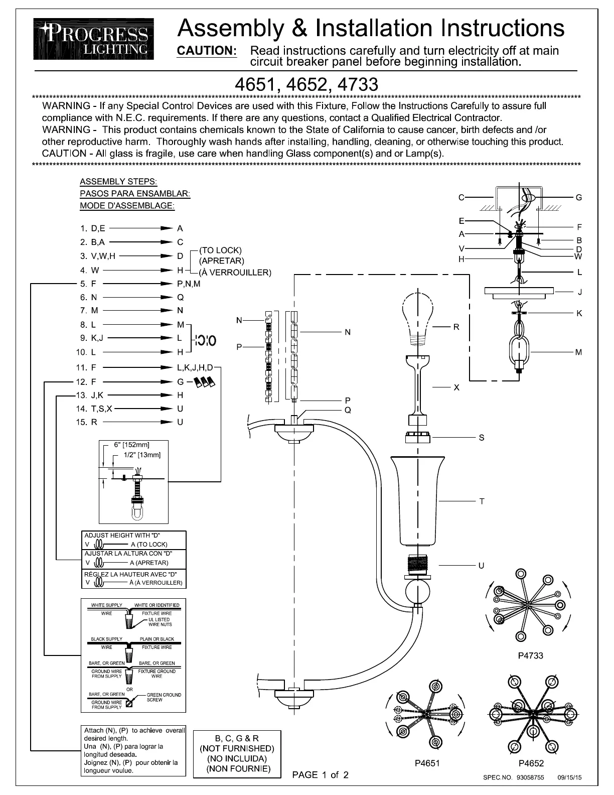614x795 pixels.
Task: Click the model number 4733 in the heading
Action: [358, 84]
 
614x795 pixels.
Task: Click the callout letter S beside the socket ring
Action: [481, 438]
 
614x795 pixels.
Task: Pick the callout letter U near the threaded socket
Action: [481, 566]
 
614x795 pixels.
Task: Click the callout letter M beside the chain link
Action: [579, 352]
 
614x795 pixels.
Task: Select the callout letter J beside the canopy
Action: [579, 292]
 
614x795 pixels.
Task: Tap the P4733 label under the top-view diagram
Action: [530, 655]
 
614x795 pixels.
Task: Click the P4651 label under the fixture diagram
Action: [427, 763]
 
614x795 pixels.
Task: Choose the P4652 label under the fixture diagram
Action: [531, 763]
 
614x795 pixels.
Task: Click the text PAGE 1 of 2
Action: [320, 775]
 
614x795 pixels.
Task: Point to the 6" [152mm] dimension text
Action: [132, 445]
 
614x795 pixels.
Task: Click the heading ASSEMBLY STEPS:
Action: [118, 181]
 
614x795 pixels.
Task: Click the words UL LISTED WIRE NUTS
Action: [160, 622]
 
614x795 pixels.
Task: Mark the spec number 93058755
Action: [526, 777]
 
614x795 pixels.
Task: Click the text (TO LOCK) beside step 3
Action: [220, 250]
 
